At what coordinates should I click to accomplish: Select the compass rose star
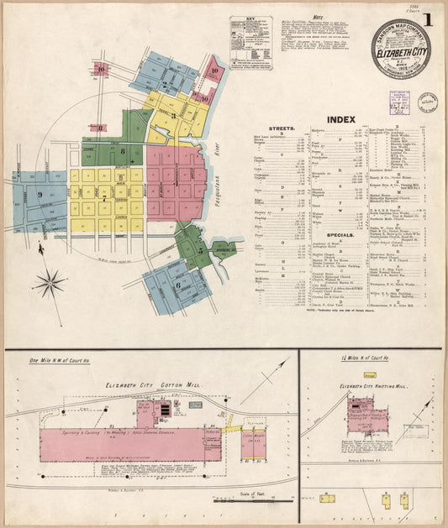pos(50,283)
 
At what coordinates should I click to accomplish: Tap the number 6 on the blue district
pos(177,284)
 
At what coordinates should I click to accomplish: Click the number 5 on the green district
pos(200,249)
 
